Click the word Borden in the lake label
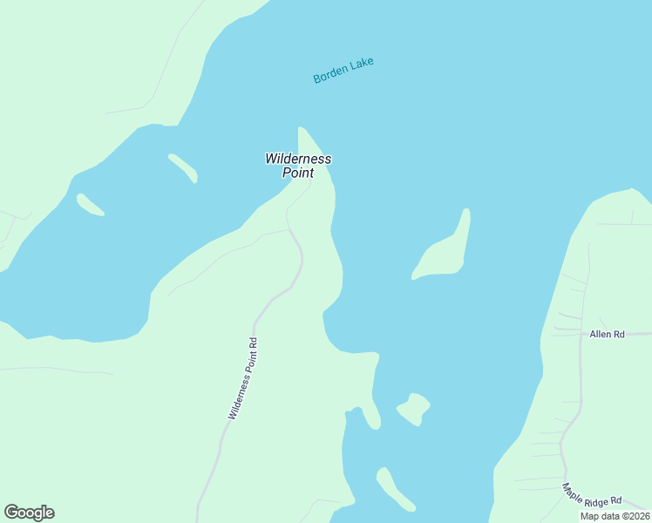pos(330,76)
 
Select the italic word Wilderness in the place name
pos(298,160)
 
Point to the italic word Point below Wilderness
pos(298,173)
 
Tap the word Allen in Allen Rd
pos(601,334)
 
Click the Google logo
pos(29,513)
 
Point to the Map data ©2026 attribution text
pos(615,516)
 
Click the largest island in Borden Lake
pos(446,253)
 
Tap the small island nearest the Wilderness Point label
pos(183,166)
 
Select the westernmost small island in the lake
pos(90,204)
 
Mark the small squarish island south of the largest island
pos(414,408)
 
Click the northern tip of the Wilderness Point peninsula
pos(302,131)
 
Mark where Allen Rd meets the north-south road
pos(581,334)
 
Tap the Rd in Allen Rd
pos(620,334)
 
